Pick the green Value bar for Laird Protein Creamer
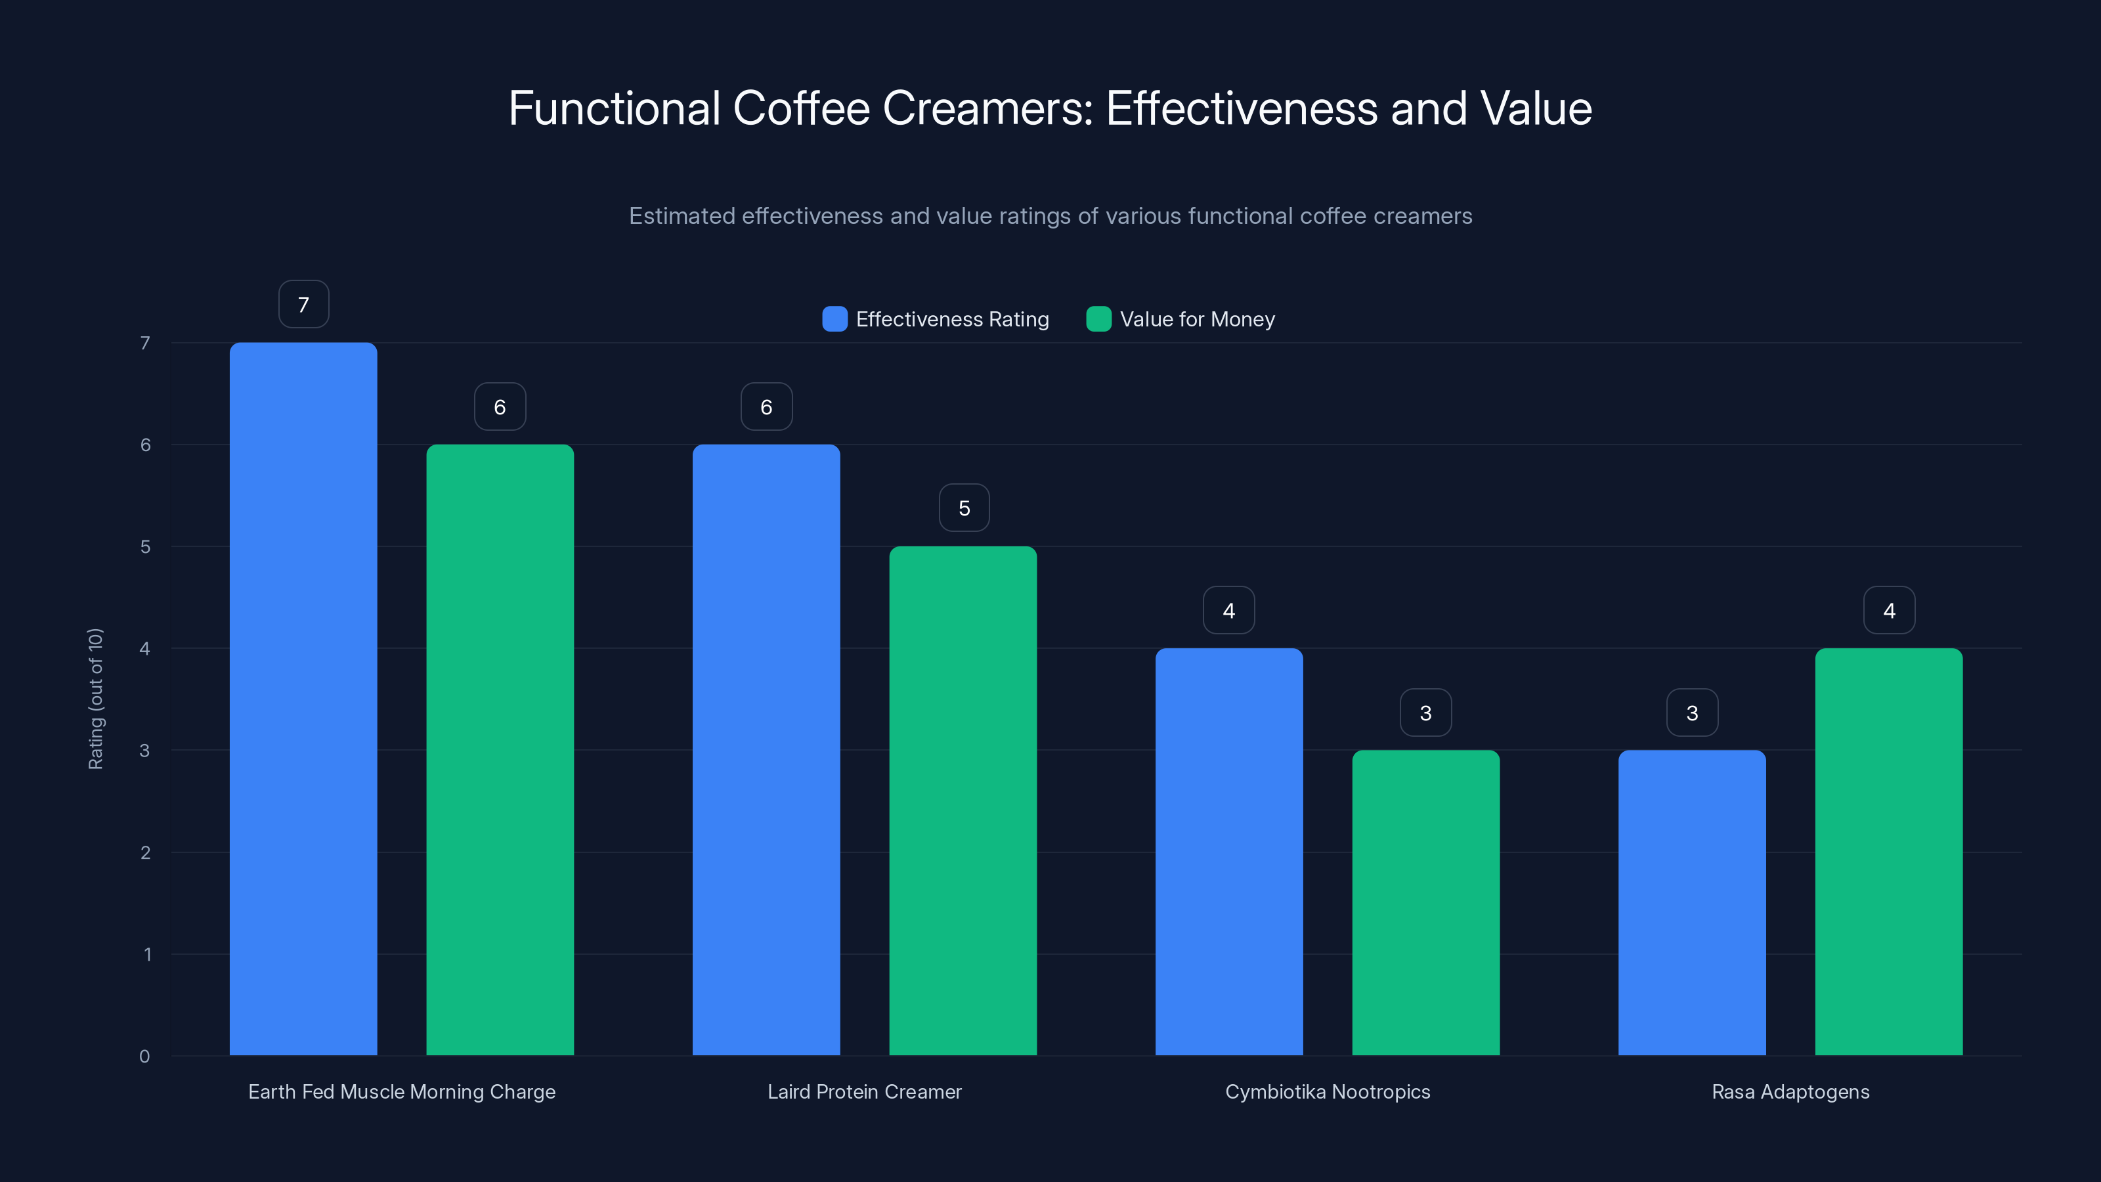(x=963, y=800)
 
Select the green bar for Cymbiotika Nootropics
(x=1425, y=902)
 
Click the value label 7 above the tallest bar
(x=303, y=304)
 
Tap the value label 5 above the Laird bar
(x=964, y=508)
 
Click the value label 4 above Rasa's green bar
(x=1889, y=610)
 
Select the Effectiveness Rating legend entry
(x=936, y=319)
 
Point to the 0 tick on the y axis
(x=144, y=1057)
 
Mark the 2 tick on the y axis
(x=145, y=852)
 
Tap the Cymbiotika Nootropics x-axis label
(x=1327, y=1091)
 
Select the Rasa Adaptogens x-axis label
(x=1790, y=1091)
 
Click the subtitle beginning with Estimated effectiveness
(x=1050, y=216)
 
